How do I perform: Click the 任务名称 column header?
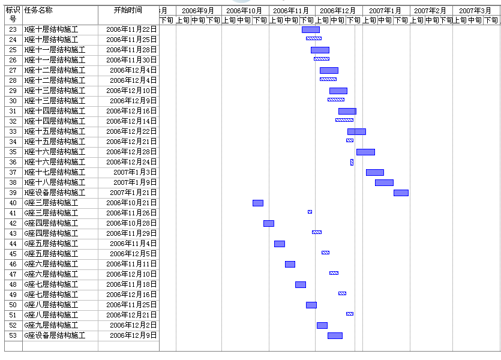pyautogui.click(x=38, y=10)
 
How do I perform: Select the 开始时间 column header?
pyautogui.click(x=128, y=10)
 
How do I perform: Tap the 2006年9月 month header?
pyautogui.click(x=198, y=11)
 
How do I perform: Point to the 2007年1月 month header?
pyautogui.click(x=386, y=11)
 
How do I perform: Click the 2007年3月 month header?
pyautogui.click(x=475, y=11)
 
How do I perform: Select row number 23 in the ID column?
pyautogui.click(x=13, y=29)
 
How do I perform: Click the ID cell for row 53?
pyautogui.click(x=13, y=335)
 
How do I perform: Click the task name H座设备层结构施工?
pyautogui.click(x=55, y=193)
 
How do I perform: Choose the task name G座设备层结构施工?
pyautogui.click(x=55, y=335)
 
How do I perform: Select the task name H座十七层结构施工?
pyautogui.click(x=55, y=172)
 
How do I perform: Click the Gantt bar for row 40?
pyautogui.click(x=258, y=203)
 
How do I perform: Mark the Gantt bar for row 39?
pyautogui.click(x=401, y=193)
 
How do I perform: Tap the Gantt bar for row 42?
pyautogui.click(x=269, y=223)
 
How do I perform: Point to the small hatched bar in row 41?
pyautogui.click(x=310, y=212)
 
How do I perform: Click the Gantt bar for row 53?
pyautogui.click(x=335, y=335)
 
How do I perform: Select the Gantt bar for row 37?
pyautogui.click(x=375, y=172)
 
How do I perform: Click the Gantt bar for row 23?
pyautogui.click(x=310, y=29)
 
